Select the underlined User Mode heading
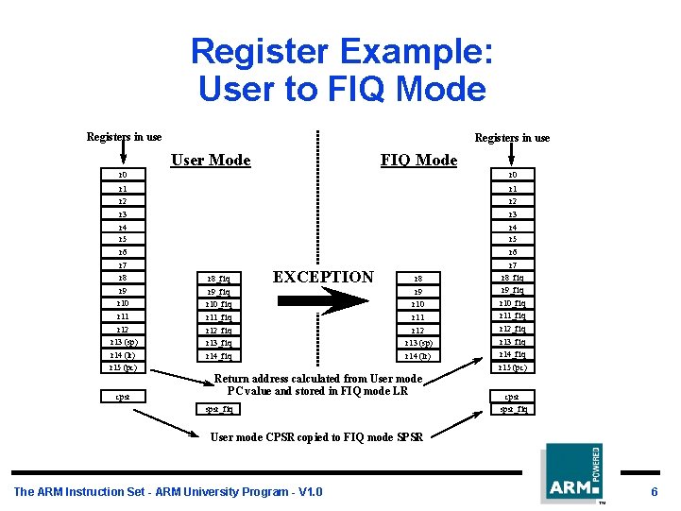(x=211, y=160)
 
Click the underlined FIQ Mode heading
(x=418, y=160)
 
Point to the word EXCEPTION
(x=323, y=277)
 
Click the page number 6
(x=654, y=491)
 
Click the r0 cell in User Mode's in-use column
(x=123, y=175)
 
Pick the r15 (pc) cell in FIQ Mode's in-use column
(x=519, y=367)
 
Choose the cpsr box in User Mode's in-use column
(x=123, y=397)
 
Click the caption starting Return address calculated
(x=317, y=384)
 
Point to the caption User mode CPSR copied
(x=316, y=436)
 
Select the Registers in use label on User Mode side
(x=124, y=137)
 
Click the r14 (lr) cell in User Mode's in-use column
(x=123, y=354)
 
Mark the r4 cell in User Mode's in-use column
(x=123, y=228)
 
